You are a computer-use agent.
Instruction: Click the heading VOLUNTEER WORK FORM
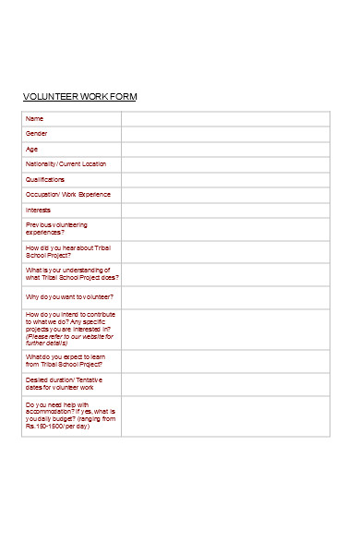pyautogui.click(x=79, y=97)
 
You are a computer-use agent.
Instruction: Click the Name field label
pyautogui.click(x=34, y=118)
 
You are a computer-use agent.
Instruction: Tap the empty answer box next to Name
pyautogui.click(x=225, y=118)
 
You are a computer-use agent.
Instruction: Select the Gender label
pyautogui.click(x=37, y=134)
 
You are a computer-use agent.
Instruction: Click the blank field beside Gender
pyautogui.click(x=225, y=134)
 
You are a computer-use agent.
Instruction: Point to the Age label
pyautogui.click(x=32, y=149)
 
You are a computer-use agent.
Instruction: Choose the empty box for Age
pyautogui.click(x=225, y=149)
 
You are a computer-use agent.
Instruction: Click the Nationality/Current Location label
pyautogui.click(x=66, y=164)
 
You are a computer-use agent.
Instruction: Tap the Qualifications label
pyautogui.click(x=45, y=179)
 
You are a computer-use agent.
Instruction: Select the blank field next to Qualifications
pyautogui.click(x=225, y=179)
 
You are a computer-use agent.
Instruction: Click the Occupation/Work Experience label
pyautogui.click(x=67, y=195)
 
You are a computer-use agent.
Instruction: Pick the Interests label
pyautogui.click(x=39, y=210)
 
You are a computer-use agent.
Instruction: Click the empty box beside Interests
pyautogui.click(x=225, y=210)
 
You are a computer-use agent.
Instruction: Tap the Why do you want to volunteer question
pyautogui.click(x=69, y=297)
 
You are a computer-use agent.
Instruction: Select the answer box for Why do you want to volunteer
pyautogui.click(x=225, y=297)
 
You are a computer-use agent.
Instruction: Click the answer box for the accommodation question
pyautogui.click(x=225, y=416)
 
